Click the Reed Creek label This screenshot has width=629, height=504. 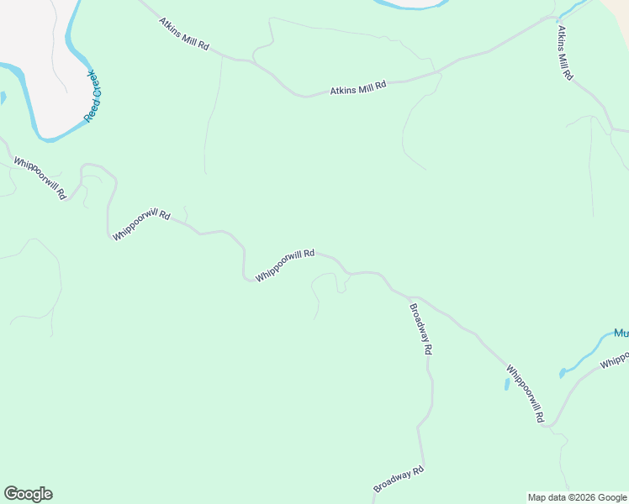click(x=92, y=97)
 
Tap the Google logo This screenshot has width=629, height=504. click(x=28, y=494)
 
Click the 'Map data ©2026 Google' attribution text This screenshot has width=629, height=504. click(x=578, y=497)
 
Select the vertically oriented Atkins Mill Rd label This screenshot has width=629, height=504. click(x=564, y=52)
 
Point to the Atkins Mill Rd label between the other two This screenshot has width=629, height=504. click(x=357, y=87)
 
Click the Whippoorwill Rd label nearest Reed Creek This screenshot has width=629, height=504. click(x=40, y=177)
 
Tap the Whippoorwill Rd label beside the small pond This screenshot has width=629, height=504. click(x=526, y=393)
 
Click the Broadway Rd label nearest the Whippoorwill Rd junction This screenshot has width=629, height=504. click(x=420, y=328)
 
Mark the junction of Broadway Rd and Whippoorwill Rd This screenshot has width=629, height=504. click(x=410, y=297)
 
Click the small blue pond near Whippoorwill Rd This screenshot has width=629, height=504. click(x=506, y=384)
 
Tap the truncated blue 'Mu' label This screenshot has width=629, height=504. click(x=621, y=333)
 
